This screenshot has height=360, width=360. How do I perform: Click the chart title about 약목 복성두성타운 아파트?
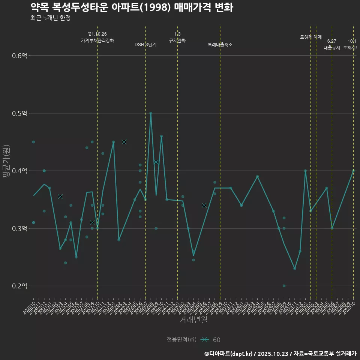point(132,7)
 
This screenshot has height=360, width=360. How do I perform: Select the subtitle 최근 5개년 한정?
point(50,18)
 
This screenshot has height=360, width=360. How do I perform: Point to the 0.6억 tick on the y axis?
point(19,56)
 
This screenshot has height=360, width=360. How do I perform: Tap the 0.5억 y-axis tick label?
point(19,113)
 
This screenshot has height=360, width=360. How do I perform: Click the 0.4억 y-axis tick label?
point(19,171)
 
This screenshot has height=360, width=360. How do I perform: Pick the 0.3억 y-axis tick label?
point(19,228)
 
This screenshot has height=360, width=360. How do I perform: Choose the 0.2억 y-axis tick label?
point(19,286)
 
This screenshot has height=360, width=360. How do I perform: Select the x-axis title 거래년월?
point(193,320)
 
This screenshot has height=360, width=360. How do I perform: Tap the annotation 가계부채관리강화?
point(97,40)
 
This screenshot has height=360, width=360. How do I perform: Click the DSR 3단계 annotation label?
point(145,45)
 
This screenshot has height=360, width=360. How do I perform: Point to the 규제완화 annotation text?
point(177,40)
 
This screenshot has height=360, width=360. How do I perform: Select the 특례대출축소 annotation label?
point(220,45)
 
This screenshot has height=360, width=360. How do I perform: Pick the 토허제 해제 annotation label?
point(311,37)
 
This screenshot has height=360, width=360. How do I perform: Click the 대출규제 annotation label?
point(332,48)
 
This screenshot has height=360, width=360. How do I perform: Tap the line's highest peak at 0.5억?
point(151,113)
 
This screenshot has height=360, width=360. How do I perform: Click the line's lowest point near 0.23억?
point(295,268)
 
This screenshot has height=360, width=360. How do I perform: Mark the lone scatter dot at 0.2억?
point(284,286)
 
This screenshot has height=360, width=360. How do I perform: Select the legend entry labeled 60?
point(216,340)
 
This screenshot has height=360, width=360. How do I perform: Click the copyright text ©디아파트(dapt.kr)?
point(229,353)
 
